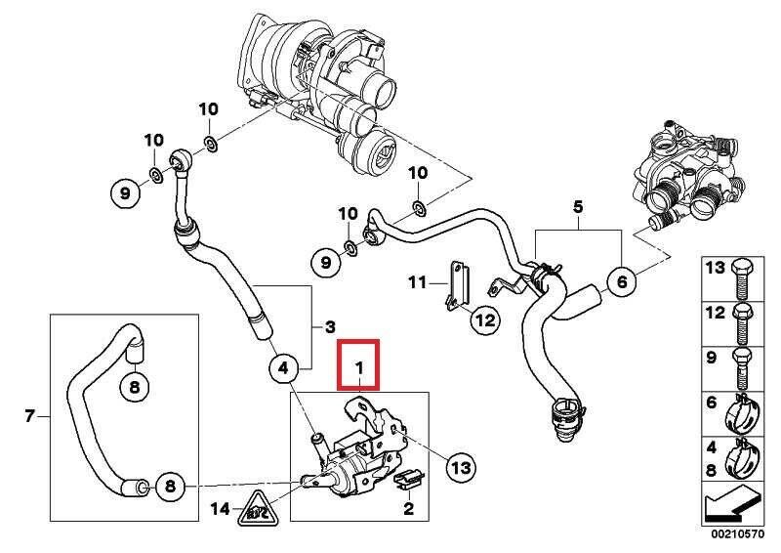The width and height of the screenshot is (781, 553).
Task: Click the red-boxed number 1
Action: (x=358, y=367)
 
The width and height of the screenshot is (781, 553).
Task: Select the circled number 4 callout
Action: (x=282, y=368)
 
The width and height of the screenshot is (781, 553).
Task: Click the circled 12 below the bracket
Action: (x=485, y=319)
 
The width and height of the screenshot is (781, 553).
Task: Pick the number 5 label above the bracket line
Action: (x=577, y=207)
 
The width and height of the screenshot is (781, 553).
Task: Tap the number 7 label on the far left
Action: (x=29, y=417)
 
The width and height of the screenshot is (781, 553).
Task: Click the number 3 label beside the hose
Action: (x=329, y=324)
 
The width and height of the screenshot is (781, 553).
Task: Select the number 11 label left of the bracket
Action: (x=417, y=283)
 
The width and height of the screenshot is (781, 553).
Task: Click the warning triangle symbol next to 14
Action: (x=256, y=505)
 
